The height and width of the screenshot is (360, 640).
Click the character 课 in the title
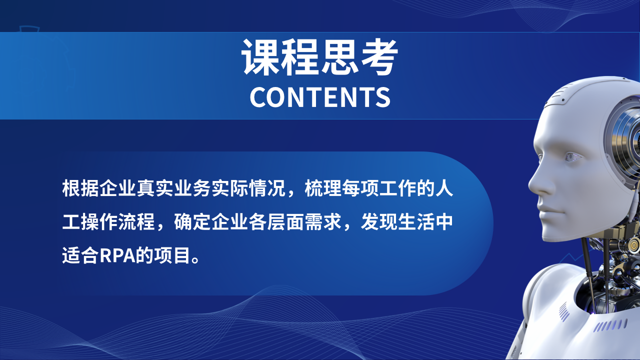point(260,56)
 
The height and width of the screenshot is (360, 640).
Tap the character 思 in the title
point(339,56)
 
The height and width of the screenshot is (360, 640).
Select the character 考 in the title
point(379,56)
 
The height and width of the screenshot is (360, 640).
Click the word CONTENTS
point(320,97)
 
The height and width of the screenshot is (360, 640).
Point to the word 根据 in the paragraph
point(80,188)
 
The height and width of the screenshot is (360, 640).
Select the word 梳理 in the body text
point(323,188)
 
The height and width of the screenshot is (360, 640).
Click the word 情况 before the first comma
point(267,188)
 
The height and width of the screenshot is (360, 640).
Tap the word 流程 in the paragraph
point(136,222)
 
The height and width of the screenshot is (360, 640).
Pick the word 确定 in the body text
point(192,222)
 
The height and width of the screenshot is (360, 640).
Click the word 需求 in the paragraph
point(323,222)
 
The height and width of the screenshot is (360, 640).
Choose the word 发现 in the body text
point(379,222)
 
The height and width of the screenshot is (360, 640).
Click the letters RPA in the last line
point(117,255)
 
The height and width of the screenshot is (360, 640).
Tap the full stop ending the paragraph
point(196,259)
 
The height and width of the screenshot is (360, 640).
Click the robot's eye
point(572,157)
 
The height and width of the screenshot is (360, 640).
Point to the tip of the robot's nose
point(529,185)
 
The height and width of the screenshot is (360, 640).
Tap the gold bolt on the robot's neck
point(633,245)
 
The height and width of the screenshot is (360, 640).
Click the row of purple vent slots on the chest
point(610,325)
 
